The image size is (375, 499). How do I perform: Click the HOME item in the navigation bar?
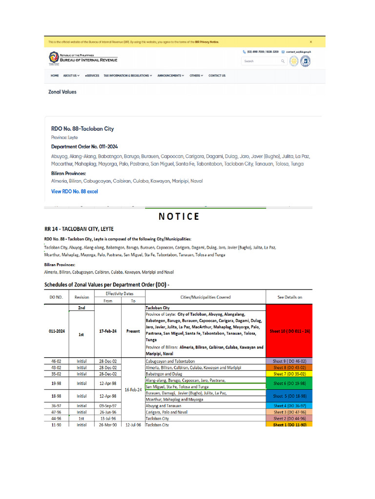(x=55, y=76)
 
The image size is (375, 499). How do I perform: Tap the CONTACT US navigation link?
(x=217, y=76)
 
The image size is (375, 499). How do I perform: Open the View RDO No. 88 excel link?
(x=74, y=192)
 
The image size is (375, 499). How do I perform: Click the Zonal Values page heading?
(x=62, y=92)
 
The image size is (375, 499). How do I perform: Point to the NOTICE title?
(x=179, y=217)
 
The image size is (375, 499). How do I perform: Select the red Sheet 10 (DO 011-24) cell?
(x=291, y=331)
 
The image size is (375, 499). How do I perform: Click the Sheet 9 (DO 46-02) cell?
(x=291, y=361)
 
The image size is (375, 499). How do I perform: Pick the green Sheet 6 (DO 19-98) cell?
(x=291, y=384)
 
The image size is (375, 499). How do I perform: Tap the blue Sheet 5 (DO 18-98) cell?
(x=291, y=396)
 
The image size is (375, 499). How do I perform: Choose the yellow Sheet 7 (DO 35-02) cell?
(x=291, y=374)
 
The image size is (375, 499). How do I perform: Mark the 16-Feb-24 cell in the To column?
(x=133, y=390)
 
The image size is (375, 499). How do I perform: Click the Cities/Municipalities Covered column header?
(x=205, y=297)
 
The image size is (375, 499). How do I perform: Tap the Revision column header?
(x=82, y=297)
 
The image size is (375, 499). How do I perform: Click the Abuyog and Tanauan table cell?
(x=163, y=405)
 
